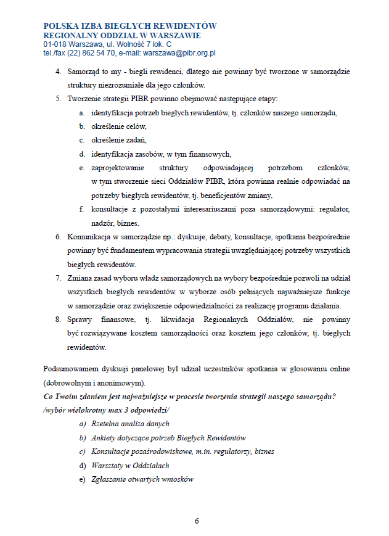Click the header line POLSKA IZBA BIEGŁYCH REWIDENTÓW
[130, 26]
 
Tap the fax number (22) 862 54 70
[91, 54]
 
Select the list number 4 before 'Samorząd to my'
[58, 72]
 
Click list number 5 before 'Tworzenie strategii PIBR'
[58, 99]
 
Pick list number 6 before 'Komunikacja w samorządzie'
[58, 237]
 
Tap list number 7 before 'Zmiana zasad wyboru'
[58, 279]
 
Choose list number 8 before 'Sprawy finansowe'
[58, 320]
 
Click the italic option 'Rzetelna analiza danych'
[130, 424]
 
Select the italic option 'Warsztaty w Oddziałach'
[130, 466]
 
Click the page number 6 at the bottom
[197, 521]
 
